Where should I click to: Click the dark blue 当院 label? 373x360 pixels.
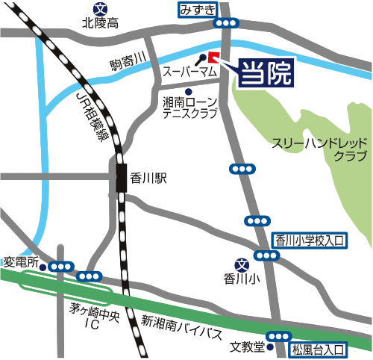point(263,73)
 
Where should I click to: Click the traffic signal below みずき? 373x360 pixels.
point(225,24)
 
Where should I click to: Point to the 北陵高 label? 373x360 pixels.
point(101,24)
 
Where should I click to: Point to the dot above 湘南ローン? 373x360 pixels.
point(189,91)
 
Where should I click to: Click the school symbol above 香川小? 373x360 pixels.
point(241,264)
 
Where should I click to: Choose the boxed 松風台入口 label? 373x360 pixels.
point(318,348)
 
